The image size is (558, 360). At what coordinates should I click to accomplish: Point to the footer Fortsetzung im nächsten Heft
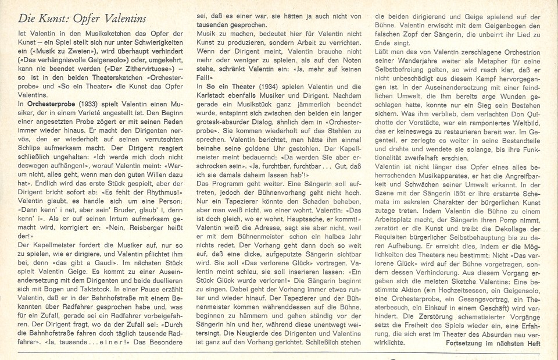[493, 344]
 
